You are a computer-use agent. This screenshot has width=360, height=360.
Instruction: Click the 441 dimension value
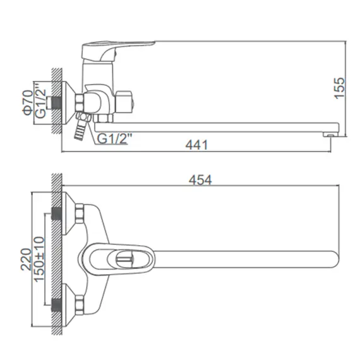197,144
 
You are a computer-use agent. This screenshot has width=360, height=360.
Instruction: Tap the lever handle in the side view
120,47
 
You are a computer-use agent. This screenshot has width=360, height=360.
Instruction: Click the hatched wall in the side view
56,101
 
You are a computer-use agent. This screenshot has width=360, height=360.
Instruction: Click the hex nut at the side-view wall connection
82,101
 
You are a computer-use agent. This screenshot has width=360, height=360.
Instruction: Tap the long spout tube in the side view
221,123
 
